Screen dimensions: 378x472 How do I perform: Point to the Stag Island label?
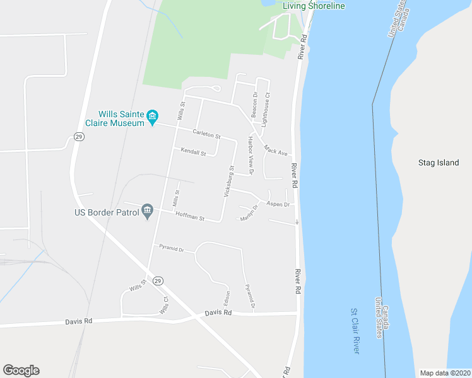439,163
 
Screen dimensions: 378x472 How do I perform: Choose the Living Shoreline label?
314,6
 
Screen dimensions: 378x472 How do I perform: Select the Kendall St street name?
193,152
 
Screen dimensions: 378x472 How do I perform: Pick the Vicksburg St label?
228,181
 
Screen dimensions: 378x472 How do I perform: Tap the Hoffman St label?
194,218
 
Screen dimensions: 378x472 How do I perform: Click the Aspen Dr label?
278,204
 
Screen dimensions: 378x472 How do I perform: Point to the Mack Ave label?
276,151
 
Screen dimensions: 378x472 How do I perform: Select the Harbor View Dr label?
251,155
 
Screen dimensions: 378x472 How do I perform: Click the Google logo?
21,370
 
